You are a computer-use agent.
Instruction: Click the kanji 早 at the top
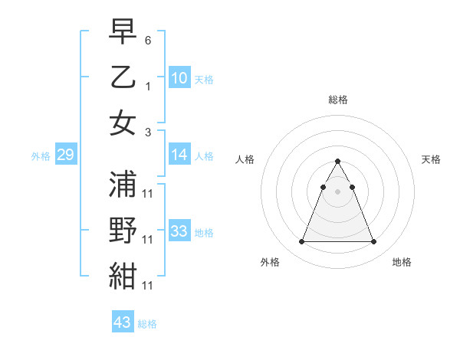[123, 31]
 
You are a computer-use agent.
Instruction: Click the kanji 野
[123, 231]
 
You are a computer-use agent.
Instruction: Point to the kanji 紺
[123, 276]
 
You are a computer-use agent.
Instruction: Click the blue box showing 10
[179, 77]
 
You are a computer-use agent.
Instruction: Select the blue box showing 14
[179, 155]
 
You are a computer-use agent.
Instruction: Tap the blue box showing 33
[179, 231]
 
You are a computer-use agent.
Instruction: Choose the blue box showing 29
[65, 155]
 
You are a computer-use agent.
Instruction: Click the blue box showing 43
[123, 322]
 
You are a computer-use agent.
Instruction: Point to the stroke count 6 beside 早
[148, 39]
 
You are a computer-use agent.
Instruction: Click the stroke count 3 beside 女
[148, 132]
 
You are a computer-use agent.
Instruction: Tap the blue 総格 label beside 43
[148, 324]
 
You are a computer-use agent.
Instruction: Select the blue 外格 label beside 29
[40, 156]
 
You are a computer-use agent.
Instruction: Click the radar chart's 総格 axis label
[337, 100]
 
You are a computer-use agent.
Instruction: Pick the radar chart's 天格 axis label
[431, 159]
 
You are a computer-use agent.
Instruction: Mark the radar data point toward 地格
[373, 242]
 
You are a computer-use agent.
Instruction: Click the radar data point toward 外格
[301, 242]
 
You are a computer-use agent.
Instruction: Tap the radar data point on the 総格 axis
[337, 161]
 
